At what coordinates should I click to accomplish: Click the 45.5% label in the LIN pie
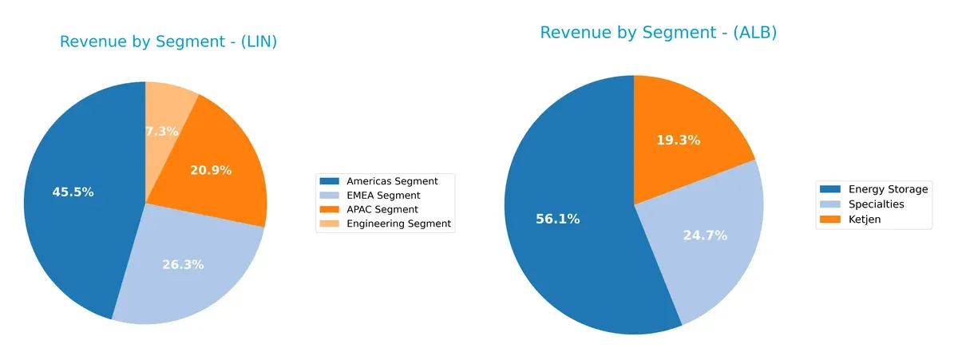(x=73, y=192)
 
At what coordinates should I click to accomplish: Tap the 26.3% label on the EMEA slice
(x=184, y=264)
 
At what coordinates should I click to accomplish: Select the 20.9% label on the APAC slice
(x=211, y=170)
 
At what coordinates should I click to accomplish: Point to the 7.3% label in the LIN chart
(x=162, y=131)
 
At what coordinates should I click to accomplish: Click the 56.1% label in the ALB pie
(x=557, y=219)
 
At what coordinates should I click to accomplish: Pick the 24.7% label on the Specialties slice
(x=705, y=235)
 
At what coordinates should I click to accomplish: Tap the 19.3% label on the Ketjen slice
(x=678, y=140)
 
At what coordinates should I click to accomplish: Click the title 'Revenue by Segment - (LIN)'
(x=168, y=42)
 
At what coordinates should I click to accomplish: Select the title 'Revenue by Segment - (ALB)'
(x=658, y=33)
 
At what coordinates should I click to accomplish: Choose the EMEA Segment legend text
(x=383, y=196)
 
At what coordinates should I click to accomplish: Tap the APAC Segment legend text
(x=382, y=209)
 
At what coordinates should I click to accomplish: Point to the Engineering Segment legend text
(x=398, y=224)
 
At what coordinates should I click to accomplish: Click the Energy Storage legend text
(x=888, y=189)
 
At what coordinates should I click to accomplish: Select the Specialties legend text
(x=876, y=204)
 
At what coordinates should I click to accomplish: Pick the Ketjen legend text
(x=865, y=219)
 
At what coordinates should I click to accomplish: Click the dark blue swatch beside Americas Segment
(x=329, y=181)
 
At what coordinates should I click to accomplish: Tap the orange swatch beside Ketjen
(x=830, y=219)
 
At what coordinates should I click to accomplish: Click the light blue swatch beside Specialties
(x=830, y=204)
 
